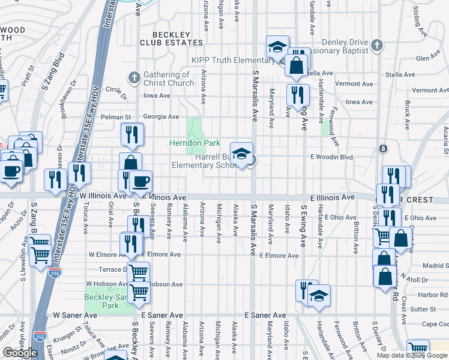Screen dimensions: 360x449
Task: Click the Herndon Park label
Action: pos(195,142)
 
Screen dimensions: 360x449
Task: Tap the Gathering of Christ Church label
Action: pos(169,79)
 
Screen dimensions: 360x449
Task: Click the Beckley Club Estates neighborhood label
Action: pos(165,38)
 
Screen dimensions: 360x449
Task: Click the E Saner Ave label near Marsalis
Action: pos(265,315)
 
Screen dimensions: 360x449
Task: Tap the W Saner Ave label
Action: pos(75,314)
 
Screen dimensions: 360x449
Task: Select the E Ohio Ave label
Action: pos(343,217)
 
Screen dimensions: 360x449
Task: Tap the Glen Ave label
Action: pos(428,58)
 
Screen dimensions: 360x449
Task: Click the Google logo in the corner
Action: pos(20,353)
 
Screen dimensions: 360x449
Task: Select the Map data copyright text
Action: pos(412,355)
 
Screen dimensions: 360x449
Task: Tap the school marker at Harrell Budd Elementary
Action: pos(241,154)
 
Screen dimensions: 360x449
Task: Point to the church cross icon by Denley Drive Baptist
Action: pos(376,45)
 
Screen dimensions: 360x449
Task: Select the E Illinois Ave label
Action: pos(332,197)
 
